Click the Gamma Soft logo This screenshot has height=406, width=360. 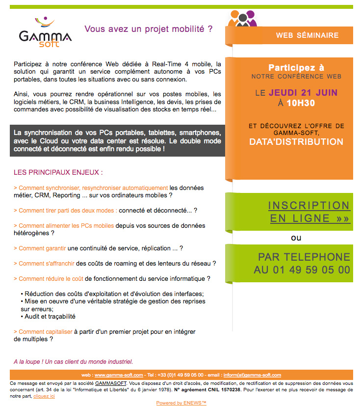tap(45, 33)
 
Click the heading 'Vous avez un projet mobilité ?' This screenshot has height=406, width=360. tap(149, 29)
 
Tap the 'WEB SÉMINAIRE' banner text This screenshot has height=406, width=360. tap(307, 35)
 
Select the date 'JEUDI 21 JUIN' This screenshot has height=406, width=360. tap(303, 92)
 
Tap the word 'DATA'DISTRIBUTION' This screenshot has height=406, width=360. tap(296, 142)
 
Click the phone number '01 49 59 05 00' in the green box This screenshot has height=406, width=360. tap(313, 270)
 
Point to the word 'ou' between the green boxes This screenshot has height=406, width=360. tap(296, 238)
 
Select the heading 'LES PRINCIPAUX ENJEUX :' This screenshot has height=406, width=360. tap(58, 173)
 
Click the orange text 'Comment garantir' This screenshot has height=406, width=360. tap(42, 248)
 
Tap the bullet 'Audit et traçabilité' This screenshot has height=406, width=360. tap(50, 317)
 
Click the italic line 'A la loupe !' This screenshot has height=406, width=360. tap(73, 362)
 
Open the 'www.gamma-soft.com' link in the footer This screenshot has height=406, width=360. tap(119, 375)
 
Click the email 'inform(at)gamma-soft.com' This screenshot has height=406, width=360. tap(252, 375)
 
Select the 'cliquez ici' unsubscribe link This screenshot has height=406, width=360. tap(44, 396)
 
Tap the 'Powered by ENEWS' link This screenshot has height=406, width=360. tap(181, 403)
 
